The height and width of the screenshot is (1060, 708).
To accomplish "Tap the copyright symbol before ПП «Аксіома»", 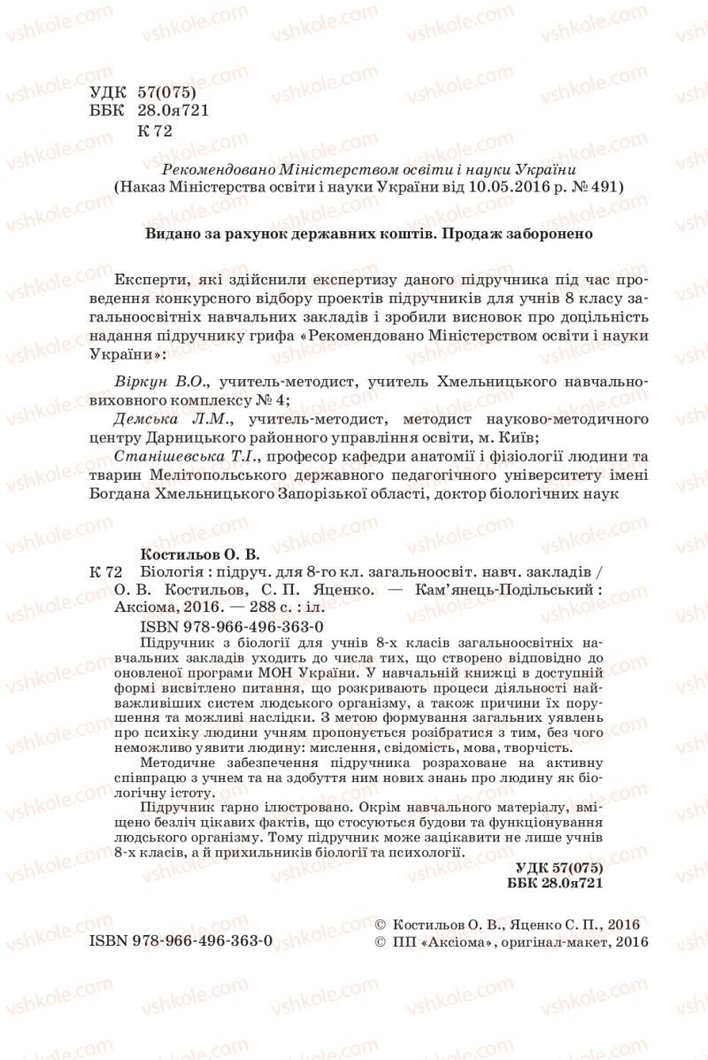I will point(381,942).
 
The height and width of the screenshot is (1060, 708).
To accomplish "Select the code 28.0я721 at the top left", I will point(171,110).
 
